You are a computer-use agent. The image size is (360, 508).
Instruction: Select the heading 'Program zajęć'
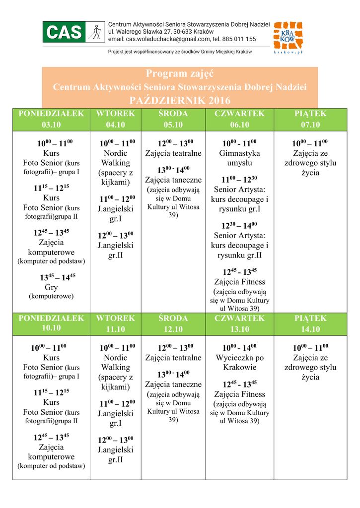pyautogui.click(x=180, y=74)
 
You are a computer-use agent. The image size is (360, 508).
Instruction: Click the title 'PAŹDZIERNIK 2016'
pyautogui.click(x=180, y=100)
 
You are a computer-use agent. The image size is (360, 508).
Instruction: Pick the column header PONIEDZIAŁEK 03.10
pyautogui.click(x=51, y=119)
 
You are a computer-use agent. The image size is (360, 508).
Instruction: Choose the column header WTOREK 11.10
pyautogui.click(x=116, y=323)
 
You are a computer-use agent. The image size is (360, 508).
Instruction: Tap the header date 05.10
pyautogui.click(x=173, y=125)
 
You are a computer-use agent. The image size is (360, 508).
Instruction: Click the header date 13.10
pyautogui.click(x=240, y=329)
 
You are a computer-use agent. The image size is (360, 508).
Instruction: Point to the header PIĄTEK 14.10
pyautogui.click(x=310, y=323)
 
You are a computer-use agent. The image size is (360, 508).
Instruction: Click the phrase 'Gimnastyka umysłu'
pyautogui.click(x=240, y=158)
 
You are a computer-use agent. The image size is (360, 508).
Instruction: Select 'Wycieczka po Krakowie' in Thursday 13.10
pyautogui.click(x=240, y=363)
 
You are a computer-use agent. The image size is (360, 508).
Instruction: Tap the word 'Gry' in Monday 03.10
pyautogui.click(x=51, y=287)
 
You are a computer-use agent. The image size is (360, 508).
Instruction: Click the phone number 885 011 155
pyautogui.click(x=240, y=39)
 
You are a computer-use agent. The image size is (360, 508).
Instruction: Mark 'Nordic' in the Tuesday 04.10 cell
pyautogui.click(x=116, y=153)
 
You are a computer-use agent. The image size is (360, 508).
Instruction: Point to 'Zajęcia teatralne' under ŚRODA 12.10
pyautogui.click(x=173, y=358)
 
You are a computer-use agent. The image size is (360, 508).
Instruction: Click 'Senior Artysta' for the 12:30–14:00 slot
pyautogui.click(x=239, y=235)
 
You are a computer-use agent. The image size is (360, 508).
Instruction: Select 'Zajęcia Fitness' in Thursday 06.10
pyautogui.click(x=240, y=282)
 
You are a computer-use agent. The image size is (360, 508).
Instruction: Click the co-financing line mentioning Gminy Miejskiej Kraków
pyautogui.click(x=180, y=52)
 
